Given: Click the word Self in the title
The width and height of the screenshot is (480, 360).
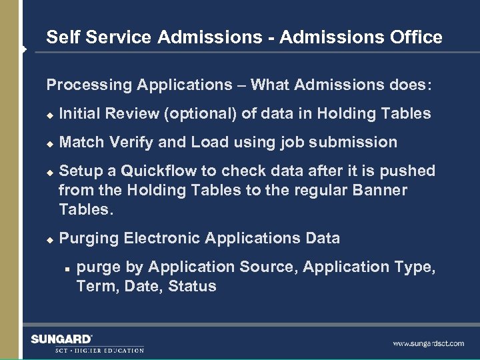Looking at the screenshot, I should click(x=61, y=37).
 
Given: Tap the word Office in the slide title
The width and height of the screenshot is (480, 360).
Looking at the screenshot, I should click(x=417, y=37).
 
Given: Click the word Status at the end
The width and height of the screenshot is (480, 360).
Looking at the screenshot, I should click(x=192, y=287).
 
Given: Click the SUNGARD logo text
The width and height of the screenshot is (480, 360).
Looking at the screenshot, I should click(x=62, y=339).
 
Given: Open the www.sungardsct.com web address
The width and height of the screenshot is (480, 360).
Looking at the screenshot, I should click(x=428, y=343).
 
